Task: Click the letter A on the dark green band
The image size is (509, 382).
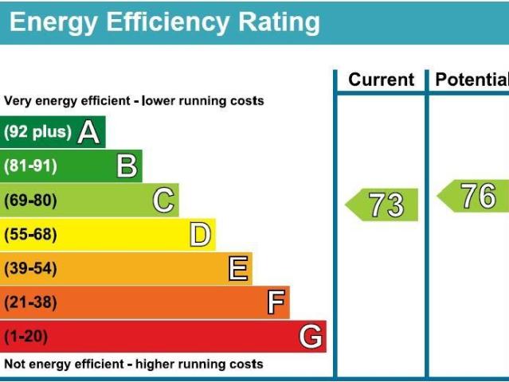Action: [89, 132]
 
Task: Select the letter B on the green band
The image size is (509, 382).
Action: [127, 166]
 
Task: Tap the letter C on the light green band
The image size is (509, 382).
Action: [163, 201]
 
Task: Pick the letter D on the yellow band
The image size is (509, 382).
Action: [200, 235]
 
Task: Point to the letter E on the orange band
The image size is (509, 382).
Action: [237, 269]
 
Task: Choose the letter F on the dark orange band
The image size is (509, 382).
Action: [276, 302]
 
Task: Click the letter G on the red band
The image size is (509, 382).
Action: [311, 337]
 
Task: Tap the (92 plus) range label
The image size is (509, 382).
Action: [37, 132]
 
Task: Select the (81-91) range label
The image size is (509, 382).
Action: [30, 166]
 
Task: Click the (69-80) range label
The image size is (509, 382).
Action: [30, 201]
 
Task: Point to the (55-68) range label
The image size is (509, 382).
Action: [30, 235]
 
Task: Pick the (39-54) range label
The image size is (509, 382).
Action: [30, 269]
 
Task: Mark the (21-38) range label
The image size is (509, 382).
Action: [30, 302]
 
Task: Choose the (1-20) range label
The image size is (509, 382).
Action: [25, 337]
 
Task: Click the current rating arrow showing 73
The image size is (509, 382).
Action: [382, 205]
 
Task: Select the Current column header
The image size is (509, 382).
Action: [382, 80]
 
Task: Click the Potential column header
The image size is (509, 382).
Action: [472, 80]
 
